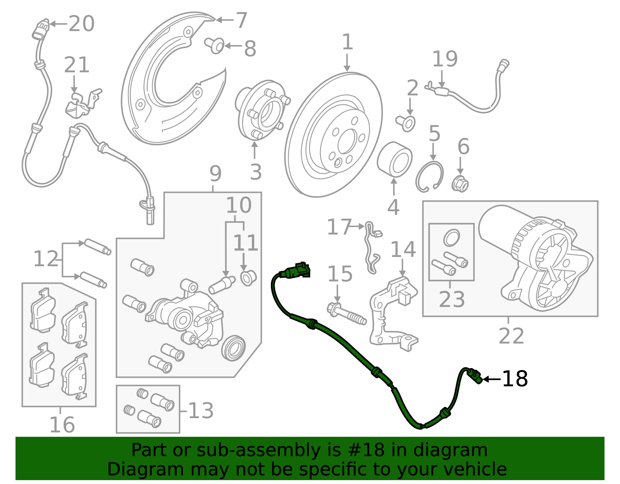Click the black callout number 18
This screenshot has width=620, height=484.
(x=515, y=379)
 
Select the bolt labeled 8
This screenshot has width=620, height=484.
(x=215, y=45)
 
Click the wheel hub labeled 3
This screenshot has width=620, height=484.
(x=262, y=110)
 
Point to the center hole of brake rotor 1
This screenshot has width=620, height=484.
(x=346, y=142)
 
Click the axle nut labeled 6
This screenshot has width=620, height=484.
(x=460, y=184)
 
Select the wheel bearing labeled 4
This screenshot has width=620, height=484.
(x=394, y=159)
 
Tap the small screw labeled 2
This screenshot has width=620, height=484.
(x=406, y=123)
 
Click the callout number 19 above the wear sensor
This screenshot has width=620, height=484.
(x=444, y=59)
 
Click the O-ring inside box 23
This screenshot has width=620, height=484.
(x=451, y=238)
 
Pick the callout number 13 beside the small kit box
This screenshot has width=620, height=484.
(x=201, y=410)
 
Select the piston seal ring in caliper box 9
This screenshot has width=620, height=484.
(x=234, y=348)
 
